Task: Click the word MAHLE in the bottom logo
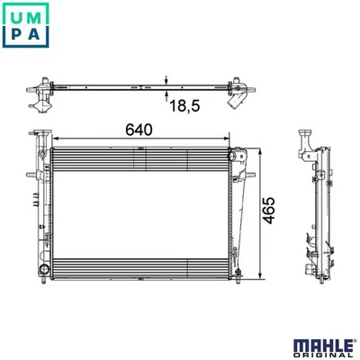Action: tap(323, 346)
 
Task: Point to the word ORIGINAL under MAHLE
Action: tap(323, 355)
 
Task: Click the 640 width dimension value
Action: tap(139, 130)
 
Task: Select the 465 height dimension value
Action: tap(269, 211)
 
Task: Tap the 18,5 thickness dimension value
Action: tap(184, 106)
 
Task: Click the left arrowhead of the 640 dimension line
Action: tap(55, 139)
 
